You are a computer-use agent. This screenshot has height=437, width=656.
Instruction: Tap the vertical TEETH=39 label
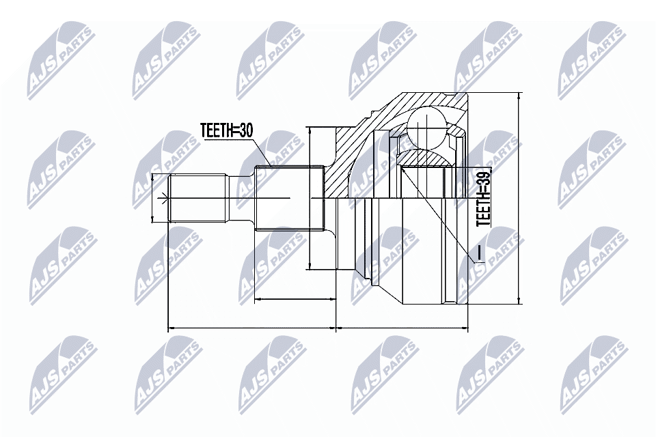coord(483,199)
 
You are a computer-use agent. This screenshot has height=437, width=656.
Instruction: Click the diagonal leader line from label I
coord(437,212)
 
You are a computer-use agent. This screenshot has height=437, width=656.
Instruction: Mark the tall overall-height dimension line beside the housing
coord(519,198)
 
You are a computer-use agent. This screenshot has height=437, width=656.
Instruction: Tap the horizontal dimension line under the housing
coord(402,328)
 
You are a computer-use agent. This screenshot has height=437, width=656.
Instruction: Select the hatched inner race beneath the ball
coord(424,158)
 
